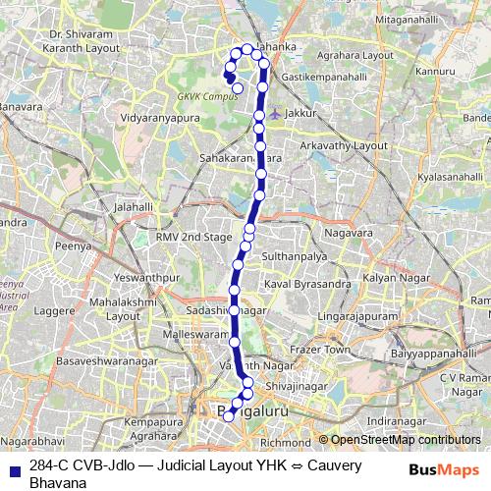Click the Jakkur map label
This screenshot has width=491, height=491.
tap(303, 114)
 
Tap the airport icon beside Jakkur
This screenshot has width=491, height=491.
tap(277, 114)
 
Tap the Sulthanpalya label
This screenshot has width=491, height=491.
tap(293, 253)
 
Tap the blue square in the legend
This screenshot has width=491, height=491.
tap(12, 467)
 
